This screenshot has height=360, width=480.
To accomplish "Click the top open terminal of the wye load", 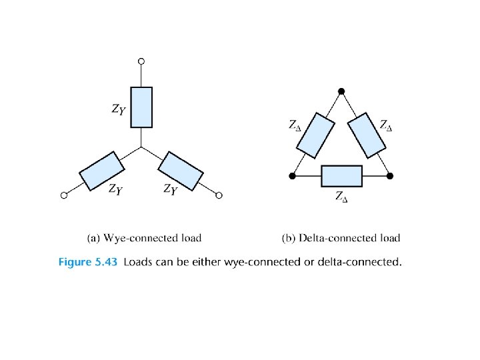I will point(141,61).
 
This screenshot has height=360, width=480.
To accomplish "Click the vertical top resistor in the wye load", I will point(141,107).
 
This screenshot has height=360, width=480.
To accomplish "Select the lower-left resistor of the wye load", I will point(101,170).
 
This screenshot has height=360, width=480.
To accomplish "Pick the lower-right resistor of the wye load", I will point(182,171).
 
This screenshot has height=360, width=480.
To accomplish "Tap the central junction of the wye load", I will point(141,147).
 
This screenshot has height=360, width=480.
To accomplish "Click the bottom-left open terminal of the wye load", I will point(63,195).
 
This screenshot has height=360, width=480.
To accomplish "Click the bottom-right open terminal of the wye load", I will point(219,195).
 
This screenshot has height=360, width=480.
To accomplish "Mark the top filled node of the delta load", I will point(341,91).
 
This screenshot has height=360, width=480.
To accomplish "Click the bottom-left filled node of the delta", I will point(292,176).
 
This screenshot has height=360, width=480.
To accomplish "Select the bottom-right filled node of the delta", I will point(390,176).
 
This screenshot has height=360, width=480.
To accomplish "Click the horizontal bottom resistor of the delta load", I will point(341,176).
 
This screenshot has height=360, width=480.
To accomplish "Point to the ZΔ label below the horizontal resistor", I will point(341,196).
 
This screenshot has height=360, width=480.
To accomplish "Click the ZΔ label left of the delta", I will point(295,125).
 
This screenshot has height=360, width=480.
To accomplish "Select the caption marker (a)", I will point(94,237).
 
